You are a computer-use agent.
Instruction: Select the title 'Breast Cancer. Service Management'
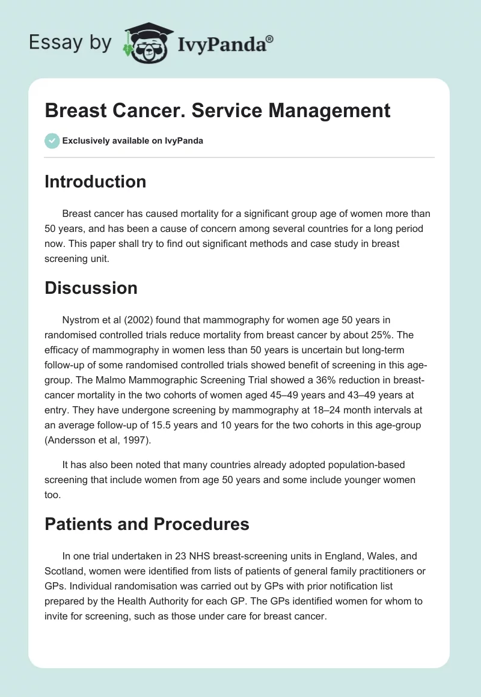(x=218, y=111)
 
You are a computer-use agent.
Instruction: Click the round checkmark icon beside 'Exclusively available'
(x=52, y=141)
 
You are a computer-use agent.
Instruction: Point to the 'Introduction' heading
(x=95, y=182)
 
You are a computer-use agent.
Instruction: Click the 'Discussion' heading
(x=91, y=288)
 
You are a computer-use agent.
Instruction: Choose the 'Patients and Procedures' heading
(x=147, y=524)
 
